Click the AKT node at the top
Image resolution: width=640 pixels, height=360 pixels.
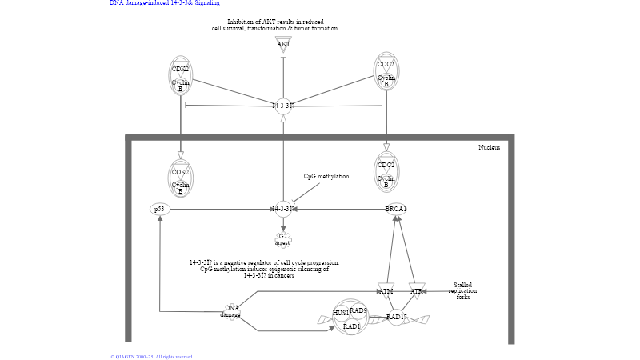[283, 44]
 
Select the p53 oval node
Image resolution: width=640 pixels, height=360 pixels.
[160, 210]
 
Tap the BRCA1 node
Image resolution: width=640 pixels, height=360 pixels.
[396, 210]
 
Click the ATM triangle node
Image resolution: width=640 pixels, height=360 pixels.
[386, 290]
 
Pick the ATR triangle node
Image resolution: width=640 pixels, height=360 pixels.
[416, 290]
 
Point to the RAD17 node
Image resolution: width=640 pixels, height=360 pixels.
[396, 317]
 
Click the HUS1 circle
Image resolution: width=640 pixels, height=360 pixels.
[341, 313]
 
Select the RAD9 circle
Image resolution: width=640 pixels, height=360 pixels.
[358, 310]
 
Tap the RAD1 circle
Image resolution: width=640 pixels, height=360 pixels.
[351, 326]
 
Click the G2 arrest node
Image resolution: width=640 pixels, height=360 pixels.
[282, 239]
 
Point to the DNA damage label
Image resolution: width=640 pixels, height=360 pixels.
[231, 311]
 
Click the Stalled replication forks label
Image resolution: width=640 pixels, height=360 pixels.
[462, 290]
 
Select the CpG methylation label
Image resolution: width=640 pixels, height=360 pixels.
[326, 176]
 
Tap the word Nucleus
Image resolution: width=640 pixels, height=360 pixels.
[489, 147]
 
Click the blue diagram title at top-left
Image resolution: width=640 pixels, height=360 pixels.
[165, 3]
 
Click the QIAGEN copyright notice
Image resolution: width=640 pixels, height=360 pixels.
[151, 356]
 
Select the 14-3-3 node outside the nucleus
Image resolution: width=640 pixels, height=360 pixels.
[283, 106]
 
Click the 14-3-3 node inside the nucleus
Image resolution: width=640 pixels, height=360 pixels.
[283, 210]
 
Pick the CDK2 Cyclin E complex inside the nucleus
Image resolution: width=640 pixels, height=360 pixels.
[181, 179]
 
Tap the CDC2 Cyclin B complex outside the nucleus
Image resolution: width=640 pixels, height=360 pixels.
[386, 72]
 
